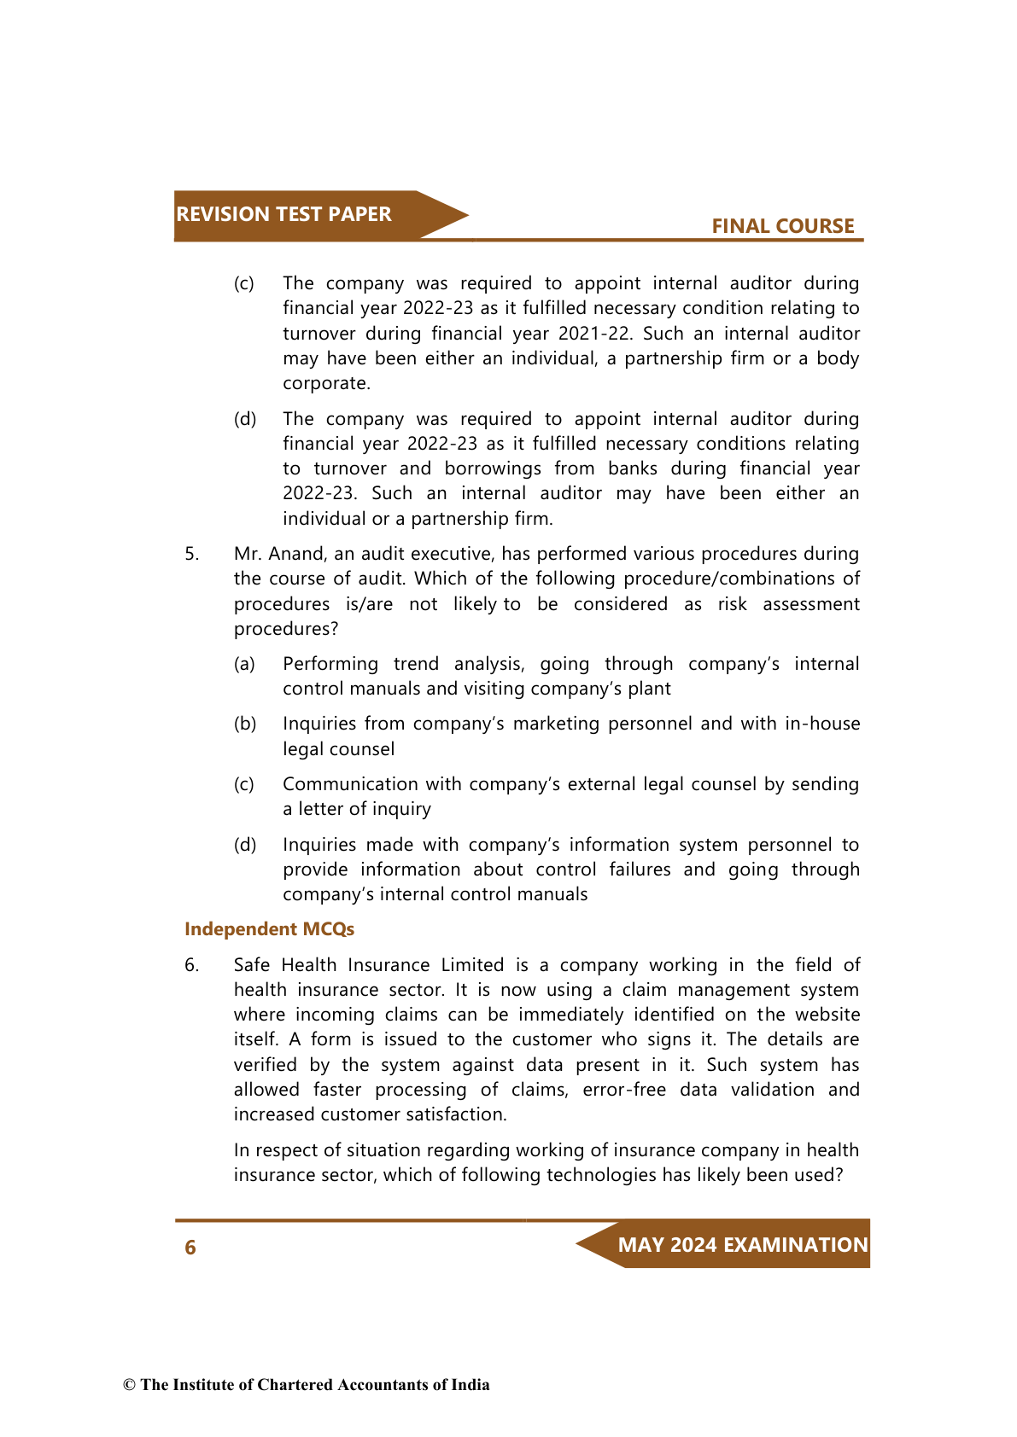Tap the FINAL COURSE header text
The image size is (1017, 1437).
click(782, 226)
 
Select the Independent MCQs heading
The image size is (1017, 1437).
click(269, 928)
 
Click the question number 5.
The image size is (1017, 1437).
click(191, 554)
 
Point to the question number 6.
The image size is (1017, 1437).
click(191, 965)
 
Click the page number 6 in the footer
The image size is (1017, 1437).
click(190, 1248)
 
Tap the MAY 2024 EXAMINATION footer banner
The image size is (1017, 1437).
click(742, 1244)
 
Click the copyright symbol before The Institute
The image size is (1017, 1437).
click(129, 1385)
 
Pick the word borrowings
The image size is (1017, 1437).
click(493, 468)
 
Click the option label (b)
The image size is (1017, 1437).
click(245, 724)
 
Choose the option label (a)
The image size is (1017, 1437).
click(245, 664)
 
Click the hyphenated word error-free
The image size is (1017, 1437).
click(624, 1090)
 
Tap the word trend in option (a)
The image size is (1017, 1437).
click(416, 664)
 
